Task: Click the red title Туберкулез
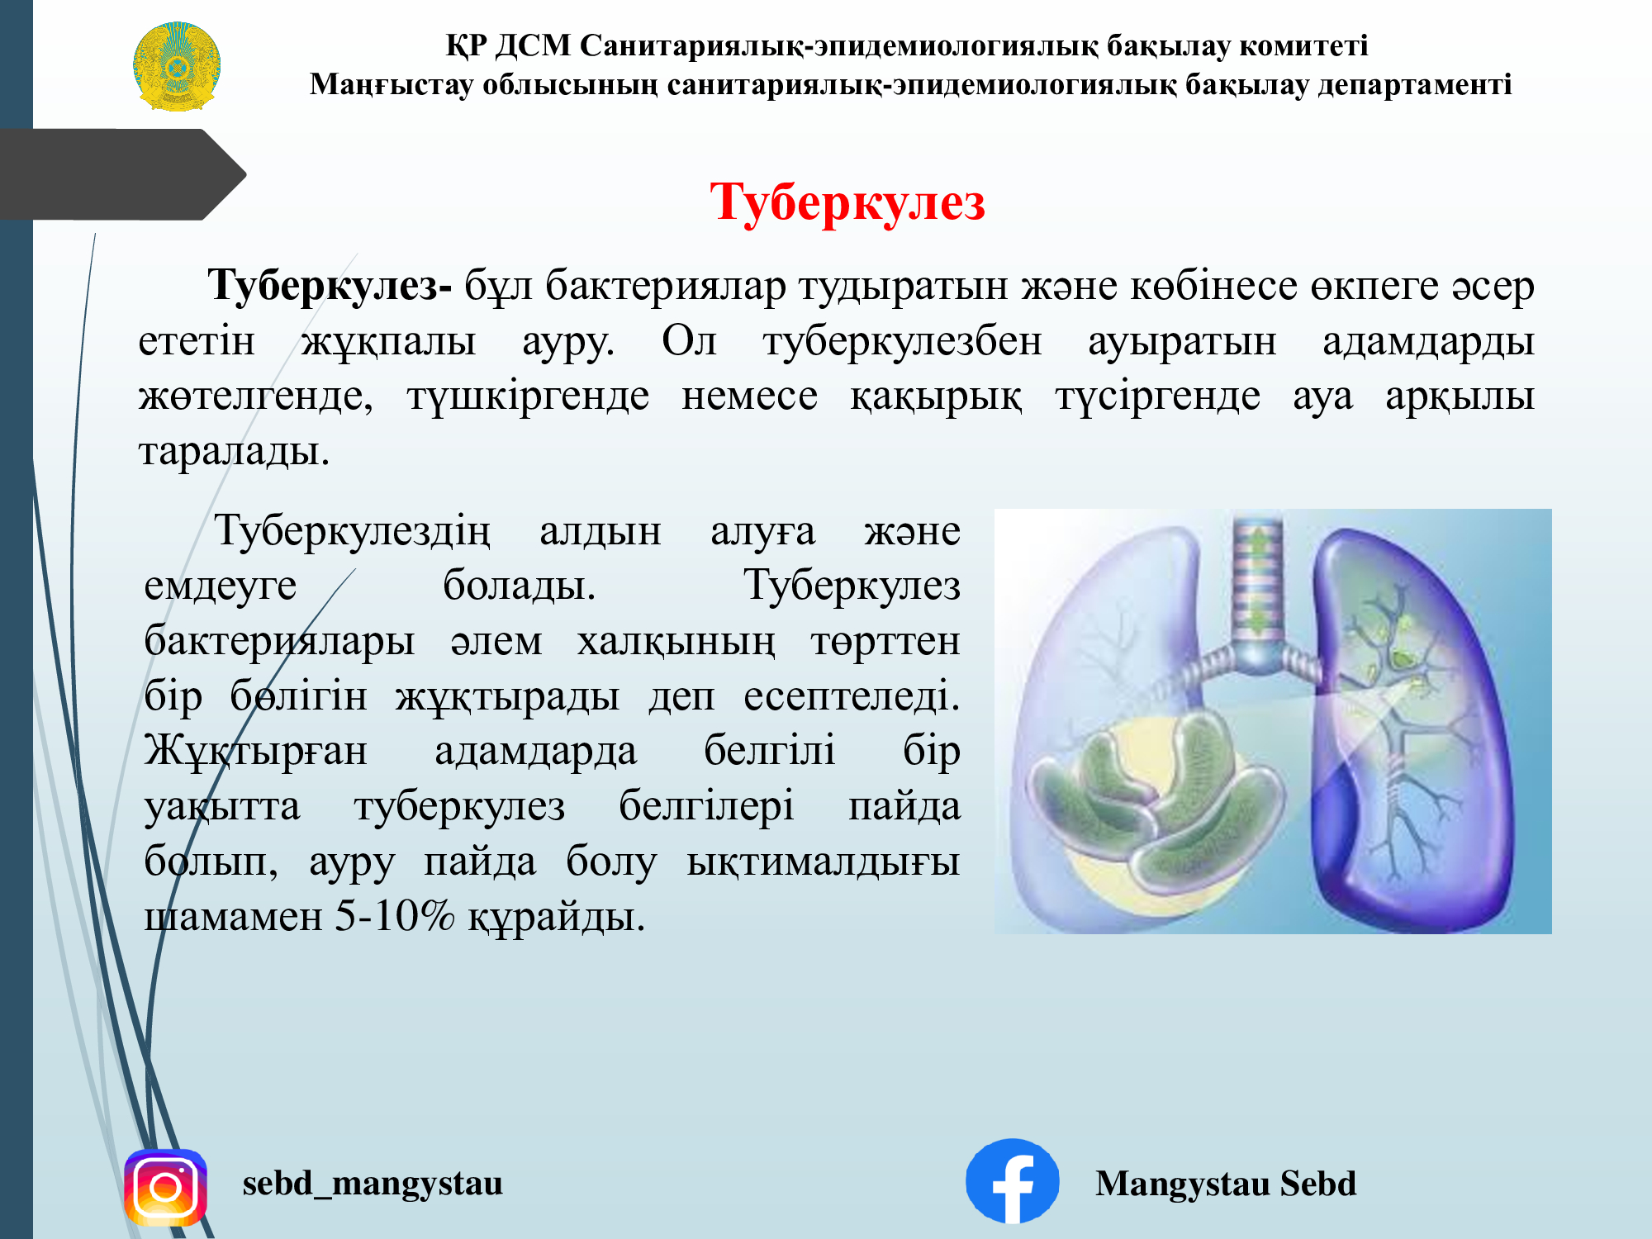coord(847,202)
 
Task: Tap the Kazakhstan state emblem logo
coord(177,66)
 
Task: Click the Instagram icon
coord(165,1187)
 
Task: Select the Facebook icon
coord(1012,1181)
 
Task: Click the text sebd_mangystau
coord(373,1184)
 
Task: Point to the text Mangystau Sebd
coord(1226,1184)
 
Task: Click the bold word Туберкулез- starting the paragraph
coord(330,287)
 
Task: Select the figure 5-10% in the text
coord(395,916)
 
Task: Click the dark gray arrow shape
coord(124,174)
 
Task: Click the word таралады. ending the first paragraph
coord(235,452)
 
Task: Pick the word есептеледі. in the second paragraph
coord(852,696)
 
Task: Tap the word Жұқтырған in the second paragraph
coord(256,752)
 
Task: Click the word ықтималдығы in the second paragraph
coord(824,862)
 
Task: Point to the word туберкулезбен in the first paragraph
coord(903,341)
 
